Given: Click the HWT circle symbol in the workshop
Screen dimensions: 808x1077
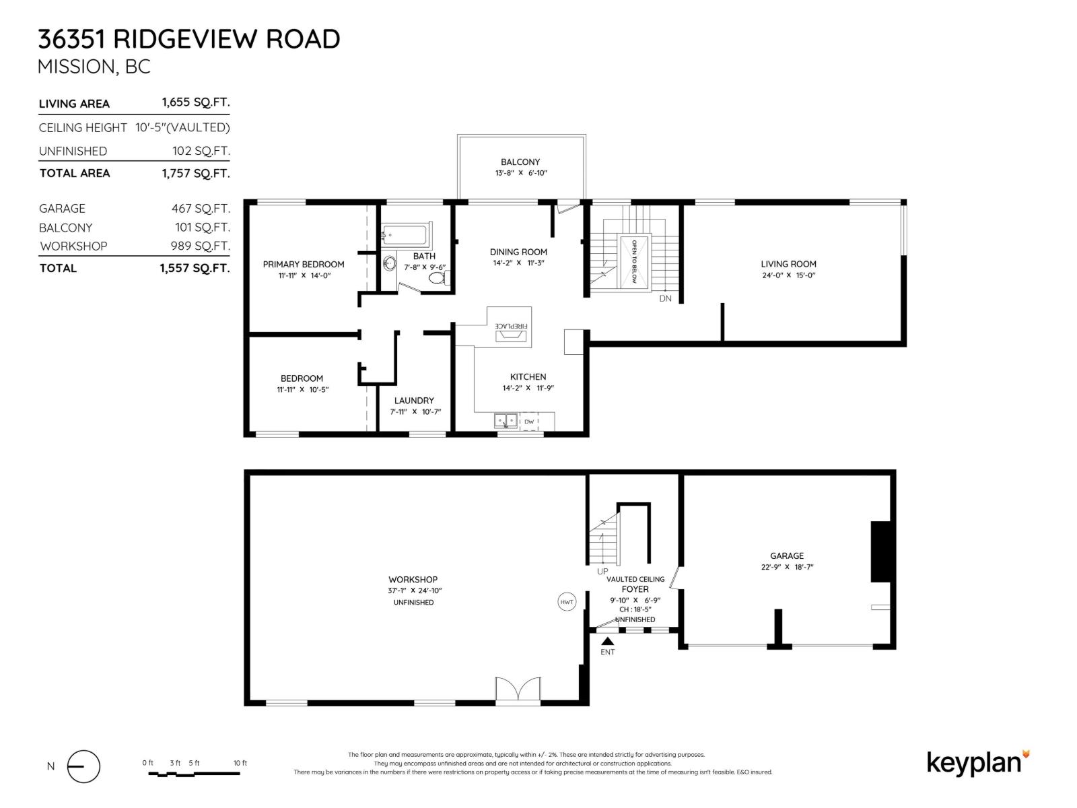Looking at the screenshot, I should click(567, 602).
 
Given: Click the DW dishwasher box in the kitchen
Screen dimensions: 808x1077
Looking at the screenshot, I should click(529, 422).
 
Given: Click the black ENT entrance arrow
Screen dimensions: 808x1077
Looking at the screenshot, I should click(607, 642).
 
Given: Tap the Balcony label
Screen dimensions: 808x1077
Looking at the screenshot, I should click(520, 162).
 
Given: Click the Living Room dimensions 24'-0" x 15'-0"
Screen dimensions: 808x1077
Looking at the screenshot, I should click(788, 275).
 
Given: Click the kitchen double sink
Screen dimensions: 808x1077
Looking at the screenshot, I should click(506, 422).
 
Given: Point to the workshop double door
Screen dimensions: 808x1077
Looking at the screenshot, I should click(518, 691).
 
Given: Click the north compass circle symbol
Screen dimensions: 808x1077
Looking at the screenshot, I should click(83, 766).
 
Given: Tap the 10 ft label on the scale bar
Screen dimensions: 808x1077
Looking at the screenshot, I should click(240, 763).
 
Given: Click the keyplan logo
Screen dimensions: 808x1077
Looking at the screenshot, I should click(977, 763).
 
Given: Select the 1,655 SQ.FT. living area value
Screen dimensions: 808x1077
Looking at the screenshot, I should click(195, 103).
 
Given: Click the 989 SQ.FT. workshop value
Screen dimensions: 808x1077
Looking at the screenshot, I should click(200, 246).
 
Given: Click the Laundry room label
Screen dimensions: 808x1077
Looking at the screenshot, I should click(414, 400).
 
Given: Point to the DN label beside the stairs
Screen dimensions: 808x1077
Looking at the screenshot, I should click(665, 298).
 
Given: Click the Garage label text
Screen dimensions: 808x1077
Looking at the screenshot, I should click(787, 555).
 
